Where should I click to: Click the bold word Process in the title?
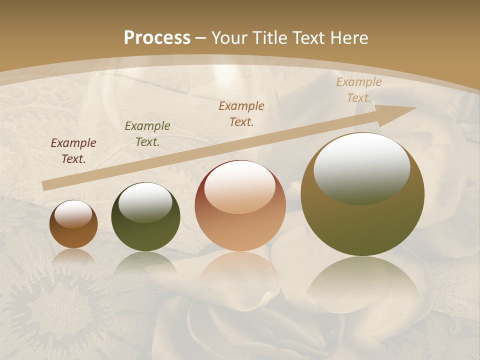[157, 38]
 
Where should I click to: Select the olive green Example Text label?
[147, 134]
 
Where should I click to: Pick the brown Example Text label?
[241, 114]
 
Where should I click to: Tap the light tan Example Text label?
[359, 90]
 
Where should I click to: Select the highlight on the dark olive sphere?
[145, 202]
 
